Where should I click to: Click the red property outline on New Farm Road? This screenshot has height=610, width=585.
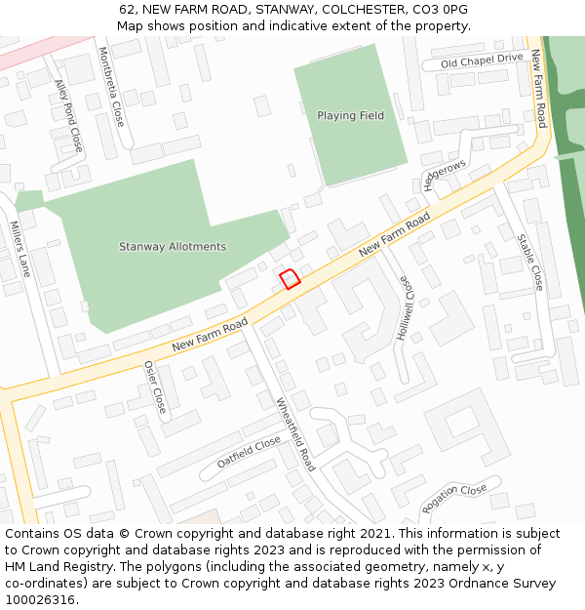290,279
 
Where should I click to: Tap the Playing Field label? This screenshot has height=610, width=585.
350,116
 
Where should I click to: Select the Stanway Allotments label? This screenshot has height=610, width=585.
173,247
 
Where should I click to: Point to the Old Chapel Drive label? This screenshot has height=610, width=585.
482,60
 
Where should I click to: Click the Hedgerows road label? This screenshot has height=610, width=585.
445,176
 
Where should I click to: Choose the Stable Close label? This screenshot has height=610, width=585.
530,262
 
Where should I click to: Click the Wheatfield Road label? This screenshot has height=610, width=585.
295,433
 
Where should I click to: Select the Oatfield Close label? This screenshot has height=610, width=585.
249,452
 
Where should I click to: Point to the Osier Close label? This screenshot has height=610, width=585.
155,386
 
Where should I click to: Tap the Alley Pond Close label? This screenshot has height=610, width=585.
68,115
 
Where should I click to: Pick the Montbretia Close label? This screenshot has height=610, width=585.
111,86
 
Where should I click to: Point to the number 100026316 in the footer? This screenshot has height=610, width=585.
39,599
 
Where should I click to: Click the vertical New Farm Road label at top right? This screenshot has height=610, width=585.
537,89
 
